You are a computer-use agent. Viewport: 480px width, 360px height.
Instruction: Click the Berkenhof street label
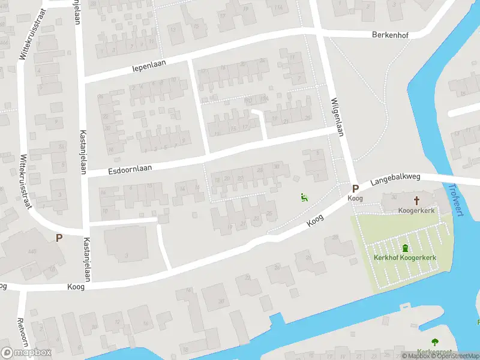point(390,35)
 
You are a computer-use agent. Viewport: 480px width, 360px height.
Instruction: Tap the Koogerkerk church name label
point(416,211)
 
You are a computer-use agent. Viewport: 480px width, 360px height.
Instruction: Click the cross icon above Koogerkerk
point(416,200)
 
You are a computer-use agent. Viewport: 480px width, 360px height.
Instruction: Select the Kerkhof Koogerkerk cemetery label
point(404,258)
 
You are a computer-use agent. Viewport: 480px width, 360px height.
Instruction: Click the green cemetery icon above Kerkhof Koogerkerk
point(405,247)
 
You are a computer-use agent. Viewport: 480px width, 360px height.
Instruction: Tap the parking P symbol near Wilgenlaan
point(355,188)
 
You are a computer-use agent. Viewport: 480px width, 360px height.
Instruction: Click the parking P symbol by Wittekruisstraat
point(59,238)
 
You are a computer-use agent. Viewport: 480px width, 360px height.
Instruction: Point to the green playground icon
point(304,197)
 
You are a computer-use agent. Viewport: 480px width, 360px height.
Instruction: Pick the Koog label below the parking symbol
point(355,198)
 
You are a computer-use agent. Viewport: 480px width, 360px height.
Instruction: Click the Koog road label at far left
point(3,286)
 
